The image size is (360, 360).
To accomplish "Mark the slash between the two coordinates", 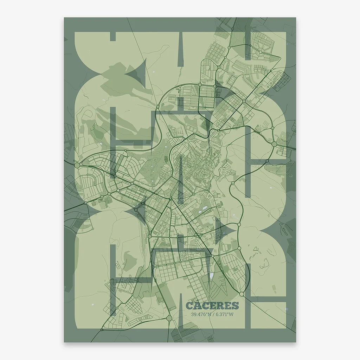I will tap(213, 314).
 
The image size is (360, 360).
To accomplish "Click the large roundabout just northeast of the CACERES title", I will tap(242, 293).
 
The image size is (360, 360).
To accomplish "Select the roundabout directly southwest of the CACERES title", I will tap(169, 318).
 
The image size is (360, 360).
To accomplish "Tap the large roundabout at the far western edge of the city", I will tap(77, 165).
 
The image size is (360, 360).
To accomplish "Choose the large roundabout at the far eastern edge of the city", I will tap(274, 144).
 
